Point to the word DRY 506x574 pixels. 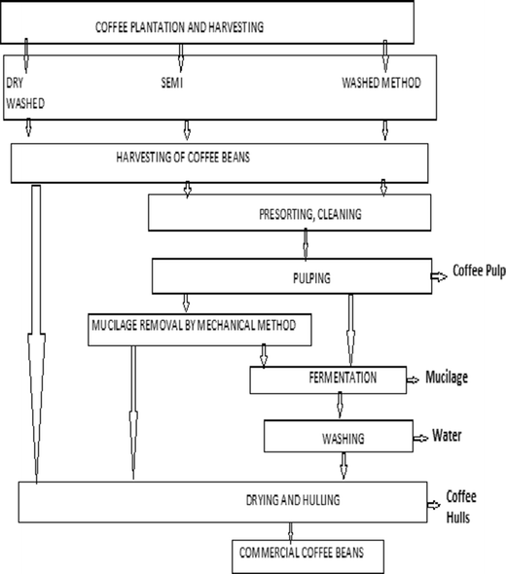coord(17,84)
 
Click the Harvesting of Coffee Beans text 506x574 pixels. coord(187,157)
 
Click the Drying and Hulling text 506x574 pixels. coord(288,499)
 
